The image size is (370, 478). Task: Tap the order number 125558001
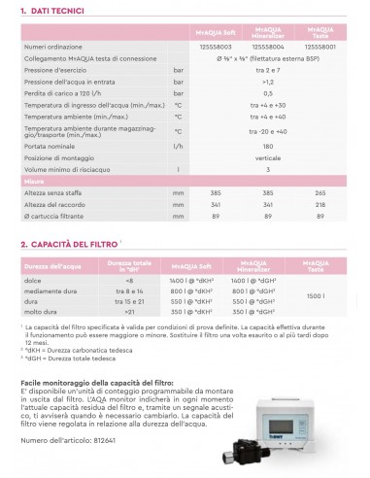point(324,47)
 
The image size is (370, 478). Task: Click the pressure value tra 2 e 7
point(282,70)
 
